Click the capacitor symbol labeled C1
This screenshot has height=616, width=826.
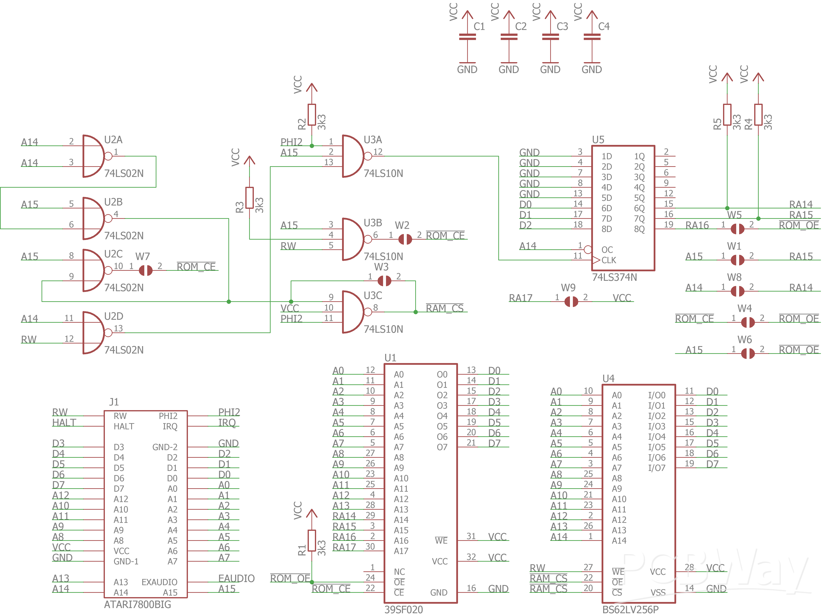pos(467,37)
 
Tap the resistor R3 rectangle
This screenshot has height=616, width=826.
pos(249,198)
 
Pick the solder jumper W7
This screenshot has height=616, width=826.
pos(145,270)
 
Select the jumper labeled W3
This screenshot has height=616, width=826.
pos(384,280)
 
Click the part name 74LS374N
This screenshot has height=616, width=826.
pos(614,277)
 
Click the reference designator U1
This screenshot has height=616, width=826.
pos(390,358)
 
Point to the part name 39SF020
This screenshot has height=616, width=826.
pos(403,609)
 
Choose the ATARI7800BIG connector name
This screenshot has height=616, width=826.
pos(138,604)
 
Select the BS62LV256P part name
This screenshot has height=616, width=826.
pos(630,609)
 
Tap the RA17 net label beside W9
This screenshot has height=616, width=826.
pos(520,298)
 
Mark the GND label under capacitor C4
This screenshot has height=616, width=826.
pos(592,69)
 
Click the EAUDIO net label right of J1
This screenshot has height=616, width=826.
pos(236,578)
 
